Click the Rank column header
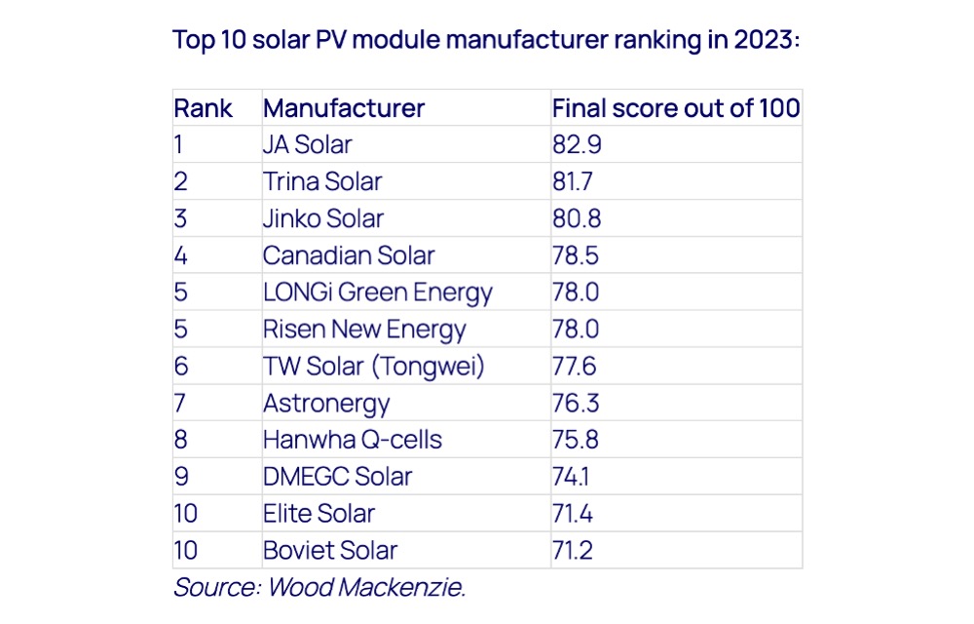pyautogui.click(x=204, y=108)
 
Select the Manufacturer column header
pyautogui.click(x=344, y=108)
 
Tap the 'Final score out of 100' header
pyautogui.click(x=676, y=108)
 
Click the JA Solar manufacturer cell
pyautogui.click(x=308, y=145)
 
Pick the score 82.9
pyautogui.click(x=577, y=145)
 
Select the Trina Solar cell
pyautogui.click(x=322, y=181)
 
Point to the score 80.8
pyautogui.click(x=577, y=218)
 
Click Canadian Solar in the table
pyautogui.click(x=349, y=255)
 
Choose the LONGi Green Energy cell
pyautogui.click(x=378, y=292)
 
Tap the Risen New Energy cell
pyautogui.click(x=364, y=330)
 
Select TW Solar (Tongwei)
pyautogui.click(x=373, y=366)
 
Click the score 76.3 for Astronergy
pyautogui.click(x=576, y=403)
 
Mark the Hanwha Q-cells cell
pyautogui.click(x=353, y=440)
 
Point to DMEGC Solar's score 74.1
pyautogui.click(x=571, y=477)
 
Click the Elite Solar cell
pyautogui.click(x=318, y=514)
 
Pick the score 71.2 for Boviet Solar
pyautogui.click(x=573, y=551)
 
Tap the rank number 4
pyautogui.click(x=181, y=255)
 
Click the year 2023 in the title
pyautogui.click(x=768, y=40)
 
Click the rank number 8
pyautogui.click(x=181, y=440)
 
